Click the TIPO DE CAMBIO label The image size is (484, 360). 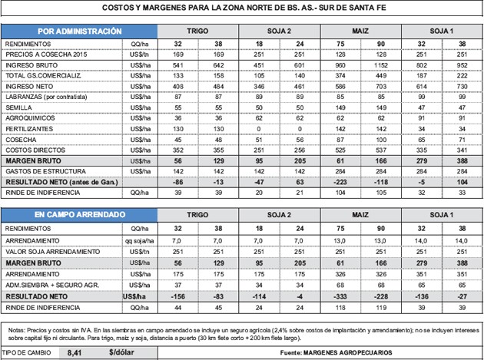point(25,353)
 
